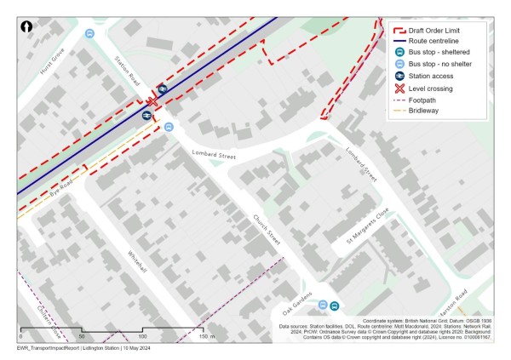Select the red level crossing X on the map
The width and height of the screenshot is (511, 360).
tap(152, 100)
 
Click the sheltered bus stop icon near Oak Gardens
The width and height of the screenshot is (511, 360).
tap(335, 306)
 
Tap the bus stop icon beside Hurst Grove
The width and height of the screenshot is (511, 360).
tap(89, 34)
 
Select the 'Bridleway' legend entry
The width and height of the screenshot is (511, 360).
tap(423, 111)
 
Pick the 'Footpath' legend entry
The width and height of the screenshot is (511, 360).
tap(422, 100)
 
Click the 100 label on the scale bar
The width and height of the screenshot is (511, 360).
tap(142, 337)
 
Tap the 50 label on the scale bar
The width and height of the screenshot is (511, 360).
tap(82, 337)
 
